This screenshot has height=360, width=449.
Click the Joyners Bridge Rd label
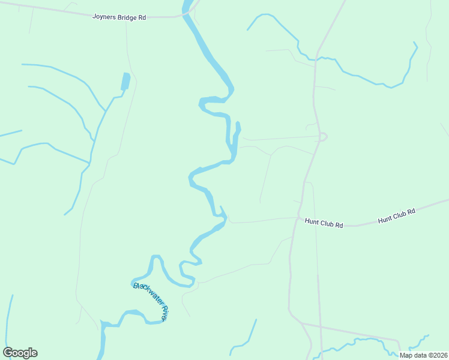119,17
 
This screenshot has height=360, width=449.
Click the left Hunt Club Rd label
324,224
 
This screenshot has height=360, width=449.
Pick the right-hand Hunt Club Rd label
397,216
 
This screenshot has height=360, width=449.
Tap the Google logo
20,353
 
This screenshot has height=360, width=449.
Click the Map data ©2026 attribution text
424,355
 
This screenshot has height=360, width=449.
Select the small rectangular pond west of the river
125,82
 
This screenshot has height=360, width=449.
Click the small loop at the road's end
324,137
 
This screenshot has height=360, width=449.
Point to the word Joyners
103,17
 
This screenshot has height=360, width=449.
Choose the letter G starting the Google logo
8,353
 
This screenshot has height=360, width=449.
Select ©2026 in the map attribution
438,355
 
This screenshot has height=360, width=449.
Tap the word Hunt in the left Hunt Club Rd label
312,221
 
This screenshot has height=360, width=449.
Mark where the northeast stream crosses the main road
315,59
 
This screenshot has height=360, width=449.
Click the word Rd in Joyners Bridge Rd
142,17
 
